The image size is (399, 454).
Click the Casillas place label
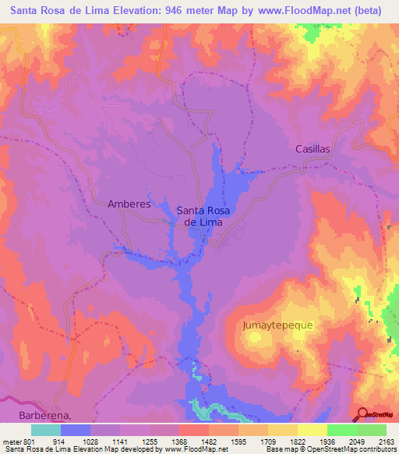coord(312,148)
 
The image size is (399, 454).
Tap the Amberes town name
coord(128,204)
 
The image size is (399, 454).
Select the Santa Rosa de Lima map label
coord(203,215)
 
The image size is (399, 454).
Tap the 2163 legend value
coord(386,441)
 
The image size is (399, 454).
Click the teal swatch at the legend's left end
coord(46,430)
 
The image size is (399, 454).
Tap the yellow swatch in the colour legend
coord(312,430)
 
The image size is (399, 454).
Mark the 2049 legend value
coord(358,441)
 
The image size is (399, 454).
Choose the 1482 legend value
coord(224,441)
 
